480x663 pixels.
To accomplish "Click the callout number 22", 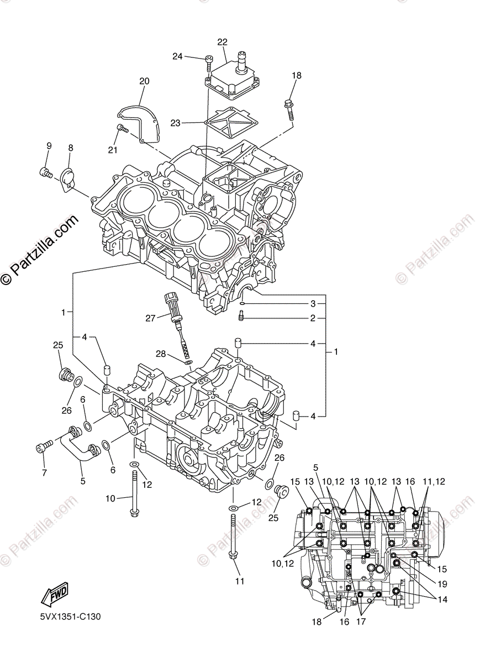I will [222, 43].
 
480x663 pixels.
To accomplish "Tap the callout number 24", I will [177, 56].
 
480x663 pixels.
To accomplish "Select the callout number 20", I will [144, 81].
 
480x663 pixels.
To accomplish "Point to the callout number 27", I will [150, 318].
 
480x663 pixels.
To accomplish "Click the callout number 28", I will [161, 353].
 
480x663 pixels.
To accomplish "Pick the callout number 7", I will [44, 472].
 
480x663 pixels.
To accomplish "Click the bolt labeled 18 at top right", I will [289, 108].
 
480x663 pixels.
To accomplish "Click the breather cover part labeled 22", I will [232, 75].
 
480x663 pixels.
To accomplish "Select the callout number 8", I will [71, 148].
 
